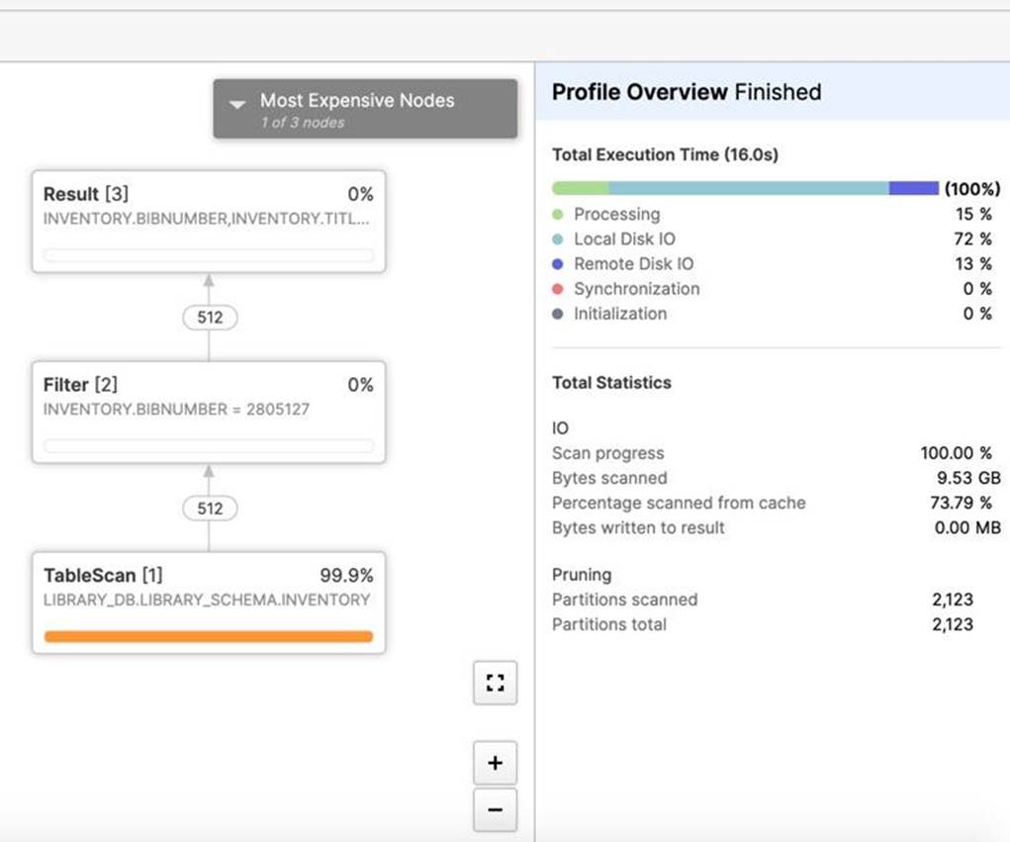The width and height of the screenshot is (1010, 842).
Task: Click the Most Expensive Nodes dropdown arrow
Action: tap(237, 104)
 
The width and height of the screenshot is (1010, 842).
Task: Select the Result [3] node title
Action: tap(86, 194)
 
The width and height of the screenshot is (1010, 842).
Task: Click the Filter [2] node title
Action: tap(80, 385)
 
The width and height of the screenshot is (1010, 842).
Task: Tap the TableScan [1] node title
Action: tap(103, 575)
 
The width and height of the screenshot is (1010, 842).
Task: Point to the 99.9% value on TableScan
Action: tap(346, 575)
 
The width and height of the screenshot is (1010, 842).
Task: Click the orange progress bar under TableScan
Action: tap(209, 636)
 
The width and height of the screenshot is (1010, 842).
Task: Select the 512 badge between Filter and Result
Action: tap(210, 318)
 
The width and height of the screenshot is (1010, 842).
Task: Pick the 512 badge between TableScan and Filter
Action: tap(210, 509)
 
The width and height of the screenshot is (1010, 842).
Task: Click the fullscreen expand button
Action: tap(495, 683)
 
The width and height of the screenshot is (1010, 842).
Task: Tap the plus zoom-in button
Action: tap(495, 764)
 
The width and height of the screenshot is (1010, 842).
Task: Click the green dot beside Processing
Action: tap(558, 214)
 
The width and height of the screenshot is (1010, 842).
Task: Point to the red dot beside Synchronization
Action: tap(558, 289)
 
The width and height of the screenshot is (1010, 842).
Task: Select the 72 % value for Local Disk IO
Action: tap(972, 239)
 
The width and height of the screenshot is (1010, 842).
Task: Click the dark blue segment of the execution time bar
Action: tap(914, 188)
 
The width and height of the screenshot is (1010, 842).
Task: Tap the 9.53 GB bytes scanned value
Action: tap(968, 478)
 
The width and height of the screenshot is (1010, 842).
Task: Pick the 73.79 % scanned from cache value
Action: tap(962, 503)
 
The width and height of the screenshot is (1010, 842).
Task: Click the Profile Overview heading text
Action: tap(640, 92)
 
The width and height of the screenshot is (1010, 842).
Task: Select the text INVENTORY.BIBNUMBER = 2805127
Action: tap(176, 409)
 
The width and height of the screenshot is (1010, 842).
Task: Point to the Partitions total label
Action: tap(609, 624)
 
